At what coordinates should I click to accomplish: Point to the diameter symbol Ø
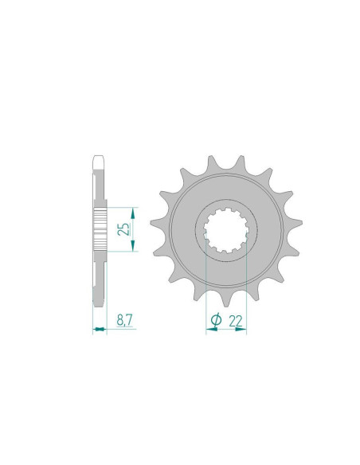(x=216, y=319)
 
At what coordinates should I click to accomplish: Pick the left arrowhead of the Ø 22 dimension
(x=209, y=330)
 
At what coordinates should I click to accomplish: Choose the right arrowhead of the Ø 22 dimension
(x=243, y=330)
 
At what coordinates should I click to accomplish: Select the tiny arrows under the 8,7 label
(x=100, y=330)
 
